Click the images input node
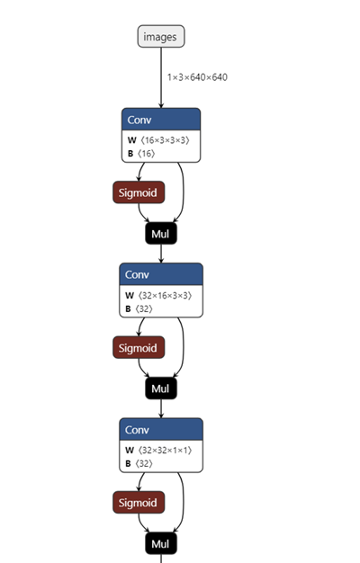[161, 36]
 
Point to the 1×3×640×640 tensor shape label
[197, 77]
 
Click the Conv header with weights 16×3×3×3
[161, 120]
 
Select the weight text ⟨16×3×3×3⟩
[165, 140]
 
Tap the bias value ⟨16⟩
[146, 154]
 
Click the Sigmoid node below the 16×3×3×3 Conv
[139, 192]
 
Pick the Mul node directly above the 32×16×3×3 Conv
[161, 234]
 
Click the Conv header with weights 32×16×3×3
[161, 274]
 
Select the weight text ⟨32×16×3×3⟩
[165, 296]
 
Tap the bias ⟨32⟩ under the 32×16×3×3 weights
[144, 308]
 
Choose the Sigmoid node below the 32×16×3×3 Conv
[139, 347]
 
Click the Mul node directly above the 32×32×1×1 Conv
[161, 389]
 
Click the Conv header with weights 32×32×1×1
[161, 429]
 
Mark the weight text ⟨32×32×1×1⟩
[165, 451]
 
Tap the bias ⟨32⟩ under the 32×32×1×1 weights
[144, 463]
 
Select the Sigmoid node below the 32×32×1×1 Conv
[139, 503]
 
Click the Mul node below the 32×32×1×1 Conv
[161, 543]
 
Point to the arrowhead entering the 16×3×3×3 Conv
[161, 105]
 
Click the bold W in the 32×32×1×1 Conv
[130, 451]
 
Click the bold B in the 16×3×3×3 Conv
[130, 154]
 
